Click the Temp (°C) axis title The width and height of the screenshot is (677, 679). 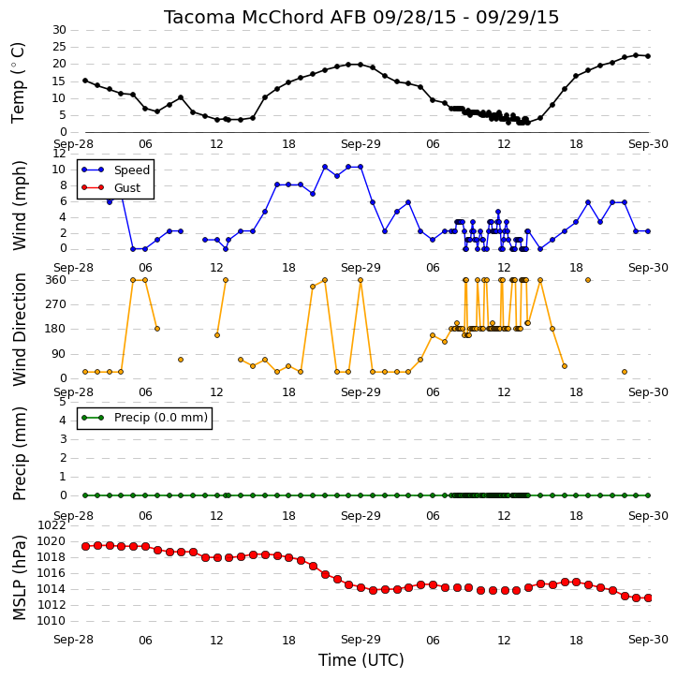(18, 82)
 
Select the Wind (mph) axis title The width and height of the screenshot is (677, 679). (19, 205)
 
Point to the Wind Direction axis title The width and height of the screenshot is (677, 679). (19, 330)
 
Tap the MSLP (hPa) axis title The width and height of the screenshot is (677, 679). (19, 577)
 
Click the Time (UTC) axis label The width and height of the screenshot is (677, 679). (361, 660)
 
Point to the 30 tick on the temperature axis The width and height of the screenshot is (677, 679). (59, 30)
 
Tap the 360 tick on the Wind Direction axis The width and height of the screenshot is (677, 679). (56, 280)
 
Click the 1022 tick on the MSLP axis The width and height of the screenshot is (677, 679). (52, 525)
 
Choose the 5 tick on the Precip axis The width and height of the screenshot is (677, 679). (63, 402)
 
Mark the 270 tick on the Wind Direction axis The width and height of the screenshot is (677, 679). (56, 304)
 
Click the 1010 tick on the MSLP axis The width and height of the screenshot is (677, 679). (52, 621)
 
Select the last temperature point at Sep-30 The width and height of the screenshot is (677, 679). (648, 56)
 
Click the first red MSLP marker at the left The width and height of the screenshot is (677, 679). (86, 547)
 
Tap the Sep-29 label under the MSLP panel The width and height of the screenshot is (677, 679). (361, 640)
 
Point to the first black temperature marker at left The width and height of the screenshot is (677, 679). (85, 81)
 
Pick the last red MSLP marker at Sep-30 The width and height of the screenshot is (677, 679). (648, 598)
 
